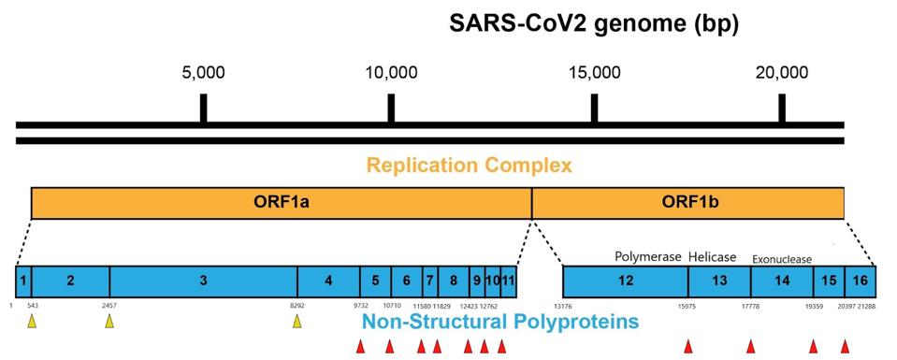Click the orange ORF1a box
pos(281,202)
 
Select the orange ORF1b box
pos(687,202)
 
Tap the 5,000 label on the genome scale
pos(203,73)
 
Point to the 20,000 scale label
pos(782,73)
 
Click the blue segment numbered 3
pos(203,281)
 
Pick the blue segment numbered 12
pos(625,281)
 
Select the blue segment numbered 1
pos(23,281)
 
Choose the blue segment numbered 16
pos(860,281)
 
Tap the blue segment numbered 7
pos(430,281)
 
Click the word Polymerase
pos(648,256)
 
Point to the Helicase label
pos(713,256)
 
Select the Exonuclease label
pos(782,259)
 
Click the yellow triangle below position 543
pos(32,322)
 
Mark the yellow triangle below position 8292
pos(297,322)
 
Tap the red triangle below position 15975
pos(688,347)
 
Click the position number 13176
pos(562,306)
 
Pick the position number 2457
pos(109,306)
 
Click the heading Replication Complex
pos(469,166)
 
